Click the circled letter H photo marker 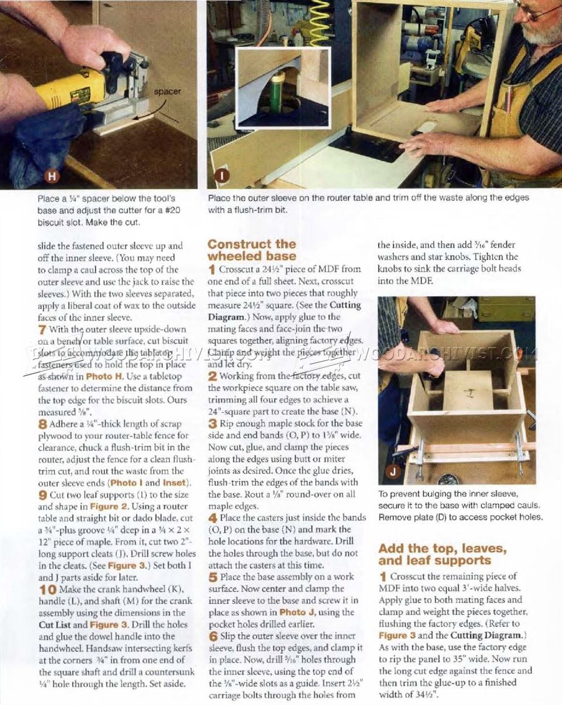[52, 177]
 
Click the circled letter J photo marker [393, 472]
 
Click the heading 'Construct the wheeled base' [252, 250]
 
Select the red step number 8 [41, 424]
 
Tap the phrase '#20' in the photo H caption [169, 210]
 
